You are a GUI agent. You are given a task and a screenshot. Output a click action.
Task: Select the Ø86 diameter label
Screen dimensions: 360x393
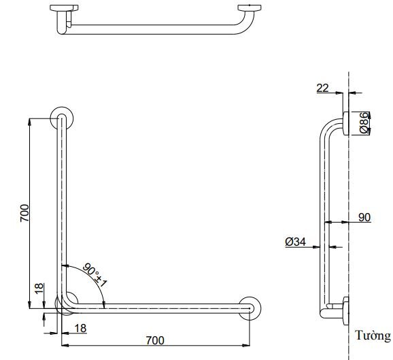[364, 122]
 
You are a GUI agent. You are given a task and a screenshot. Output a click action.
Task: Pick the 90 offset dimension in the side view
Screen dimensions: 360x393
[363, 217]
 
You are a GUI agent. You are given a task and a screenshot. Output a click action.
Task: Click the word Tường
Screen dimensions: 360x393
[373, 336]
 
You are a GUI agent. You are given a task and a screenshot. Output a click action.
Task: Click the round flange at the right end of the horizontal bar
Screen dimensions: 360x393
[251, 308]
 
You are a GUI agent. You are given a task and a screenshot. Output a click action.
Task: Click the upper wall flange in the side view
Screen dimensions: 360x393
[345, 122]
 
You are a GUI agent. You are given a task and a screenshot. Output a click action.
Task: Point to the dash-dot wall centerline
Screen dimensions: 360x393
[349, 204]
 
